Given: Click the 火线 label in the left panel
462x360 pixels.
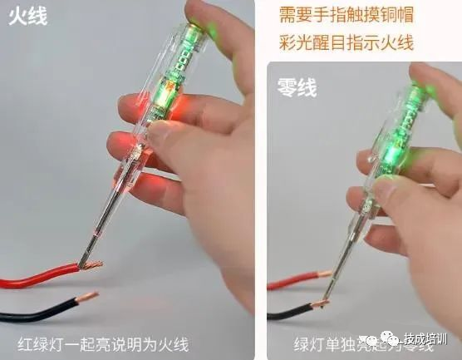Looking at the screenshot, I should (27, 17).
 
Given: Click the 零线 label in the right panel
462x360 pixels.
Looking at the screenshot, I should (297, 86).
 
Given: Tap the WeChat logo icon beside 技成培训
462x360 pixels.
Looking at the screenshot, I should (391, 338).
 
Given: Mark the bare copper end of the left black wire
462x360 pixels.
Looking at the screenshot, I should (86, 296).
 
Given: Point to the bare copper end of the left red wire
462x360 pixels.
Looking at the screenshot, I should (91, 266).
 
